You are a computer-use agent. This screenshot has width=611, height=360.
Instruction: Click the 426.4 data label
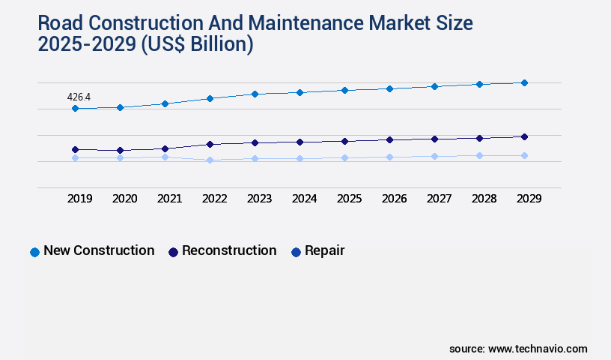point(79,97)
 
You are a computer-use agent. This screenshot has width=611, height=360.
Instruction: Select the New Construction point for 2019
point(75,109)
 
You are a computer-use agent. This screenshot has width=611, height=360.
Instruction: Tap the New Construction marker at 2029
point(524,82)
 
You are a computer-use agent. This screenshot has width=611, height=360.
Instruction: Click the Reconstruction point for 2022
point(210,144)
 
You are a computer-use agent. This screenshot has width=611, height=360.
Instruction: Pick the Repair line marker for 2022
point(210,160)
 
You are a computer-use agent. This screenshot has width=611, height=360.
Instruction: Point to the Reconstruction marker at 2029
point(524,136)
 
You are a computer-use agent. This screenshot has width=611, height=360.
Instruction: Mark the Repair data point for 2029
point(524,155)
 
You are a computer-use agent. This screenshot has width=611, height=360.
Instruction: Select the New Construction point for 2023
point(255,94)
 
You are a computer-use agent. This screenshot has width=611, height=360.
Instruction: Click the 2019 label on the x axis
point(79,199)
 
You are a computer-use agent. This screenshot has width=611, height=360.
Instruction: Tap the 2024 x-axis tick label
point(304,199)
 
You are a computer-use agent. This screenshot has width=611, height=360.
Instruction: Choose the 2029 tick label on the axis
point(529,199)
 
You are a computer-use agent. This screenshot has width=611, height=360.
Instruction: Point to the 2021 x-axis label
point(169,199)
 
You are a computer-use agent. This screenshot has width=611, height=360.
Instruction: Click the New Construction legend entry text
point(99,251)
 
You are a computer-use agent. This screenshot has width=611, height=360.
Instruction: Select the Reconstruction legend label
point(229,251)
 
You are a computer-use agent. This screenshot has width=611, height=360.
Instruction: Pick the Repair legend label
point(324,251)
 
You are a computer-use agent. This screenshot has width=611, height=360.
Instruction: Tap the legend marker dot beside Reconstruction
point(173,253)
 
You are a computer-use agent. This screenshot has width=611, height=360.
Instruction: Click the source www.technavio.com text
point(518,349)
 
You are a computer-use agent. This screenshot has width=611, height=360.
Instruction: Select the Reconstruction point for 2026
point(389,139)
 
